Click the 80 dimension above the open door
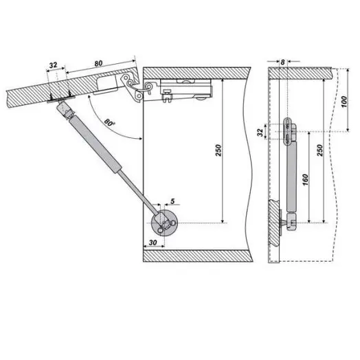click(x=98, y=63)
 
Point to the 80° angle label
click(x=109, y=122)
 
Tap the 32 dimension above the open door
click(x=53, y=65)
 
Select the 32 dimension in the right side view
click(x=260, y=132)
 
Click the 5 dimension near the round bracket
click(x=172, y=201)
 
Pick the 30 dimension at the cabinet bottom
click(x=153, y=243)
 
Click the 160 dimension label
click(x=305, y=180)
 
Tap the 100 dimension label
click(x=344, y=102)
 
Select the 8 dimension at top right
click(x=282, y=62)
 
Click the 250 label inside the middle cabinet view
click(x=218, y=150)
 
